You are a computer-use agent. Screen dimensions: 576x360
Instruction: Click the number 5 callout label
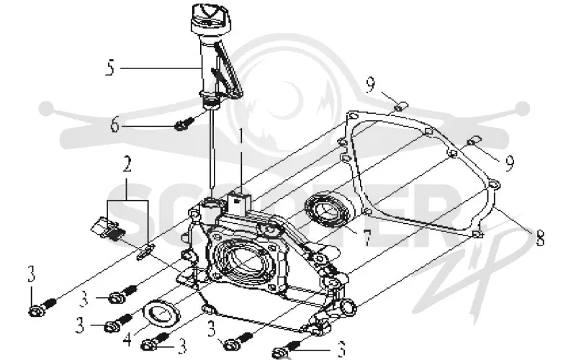(110, 68)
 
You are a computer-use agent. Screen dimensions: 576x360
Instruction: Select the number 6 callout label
(115, 125)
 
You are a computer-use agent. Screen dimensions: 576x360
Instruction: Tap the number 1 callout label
(241, 136)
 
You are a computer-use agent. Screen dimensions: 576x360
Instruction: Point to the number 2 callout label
(127, 164)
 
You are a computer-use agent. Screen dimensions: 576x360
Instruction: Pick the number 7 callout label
(366, 238)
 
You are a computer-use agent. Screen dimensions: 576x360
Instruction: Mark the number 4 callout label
(127, 339)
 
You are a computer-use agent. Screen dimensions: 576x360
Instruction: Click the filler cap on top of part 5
(208, 19)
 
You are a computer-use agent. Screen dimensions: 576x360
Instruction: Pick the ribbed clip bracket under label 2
(109, 228)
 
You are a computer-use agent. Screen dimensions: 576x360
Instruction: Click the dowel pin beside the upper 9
(401, 106)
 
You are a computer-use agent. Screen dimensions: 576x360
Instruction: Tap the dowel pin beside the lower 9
(474, 140)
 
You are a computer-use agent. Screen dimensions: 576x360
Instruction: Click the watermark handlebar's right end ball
(522, 109)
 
